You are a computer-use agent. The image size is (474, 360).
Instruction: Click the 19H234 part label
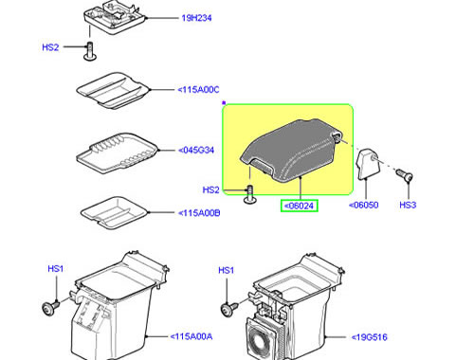196,18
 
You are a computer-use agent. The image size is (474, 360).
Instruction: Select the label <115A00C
198,90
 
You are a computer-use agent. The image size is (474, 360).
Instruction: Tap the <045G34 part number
196,150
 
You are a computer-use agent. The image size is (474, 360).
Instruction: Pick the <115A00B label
199,213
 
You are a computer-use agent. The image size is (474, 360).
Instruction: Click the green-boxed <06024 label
300,206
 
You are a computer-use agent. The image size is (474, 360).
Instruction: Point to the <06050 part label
364,205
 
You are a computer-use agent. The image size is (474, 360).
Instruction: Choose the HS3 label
408,205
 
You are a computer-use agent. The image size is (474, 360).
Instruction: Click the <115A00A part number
191,336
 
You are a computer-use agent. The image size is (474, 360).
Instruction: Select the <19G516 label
370,337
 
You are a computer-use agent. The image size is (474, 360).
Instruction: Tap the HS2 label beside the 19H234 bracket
50,47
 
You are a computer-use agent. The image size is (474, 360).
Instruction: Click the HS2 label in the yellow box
210,189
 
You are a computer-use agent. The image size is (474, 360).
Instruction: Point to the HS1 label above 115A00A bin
56,269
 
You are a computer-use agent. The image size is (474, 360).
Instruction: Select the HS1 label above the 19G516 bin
227,270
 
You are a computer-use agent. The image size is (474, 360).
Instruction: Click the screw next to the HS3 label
404,174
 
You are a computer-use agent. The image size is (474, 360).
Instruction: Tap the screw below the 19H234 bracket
90,51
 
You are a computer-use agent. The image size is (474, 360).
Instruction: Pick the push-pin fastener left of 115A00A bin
50,307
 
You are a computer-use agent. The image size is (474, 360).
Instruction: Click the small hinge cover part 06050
368,164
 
